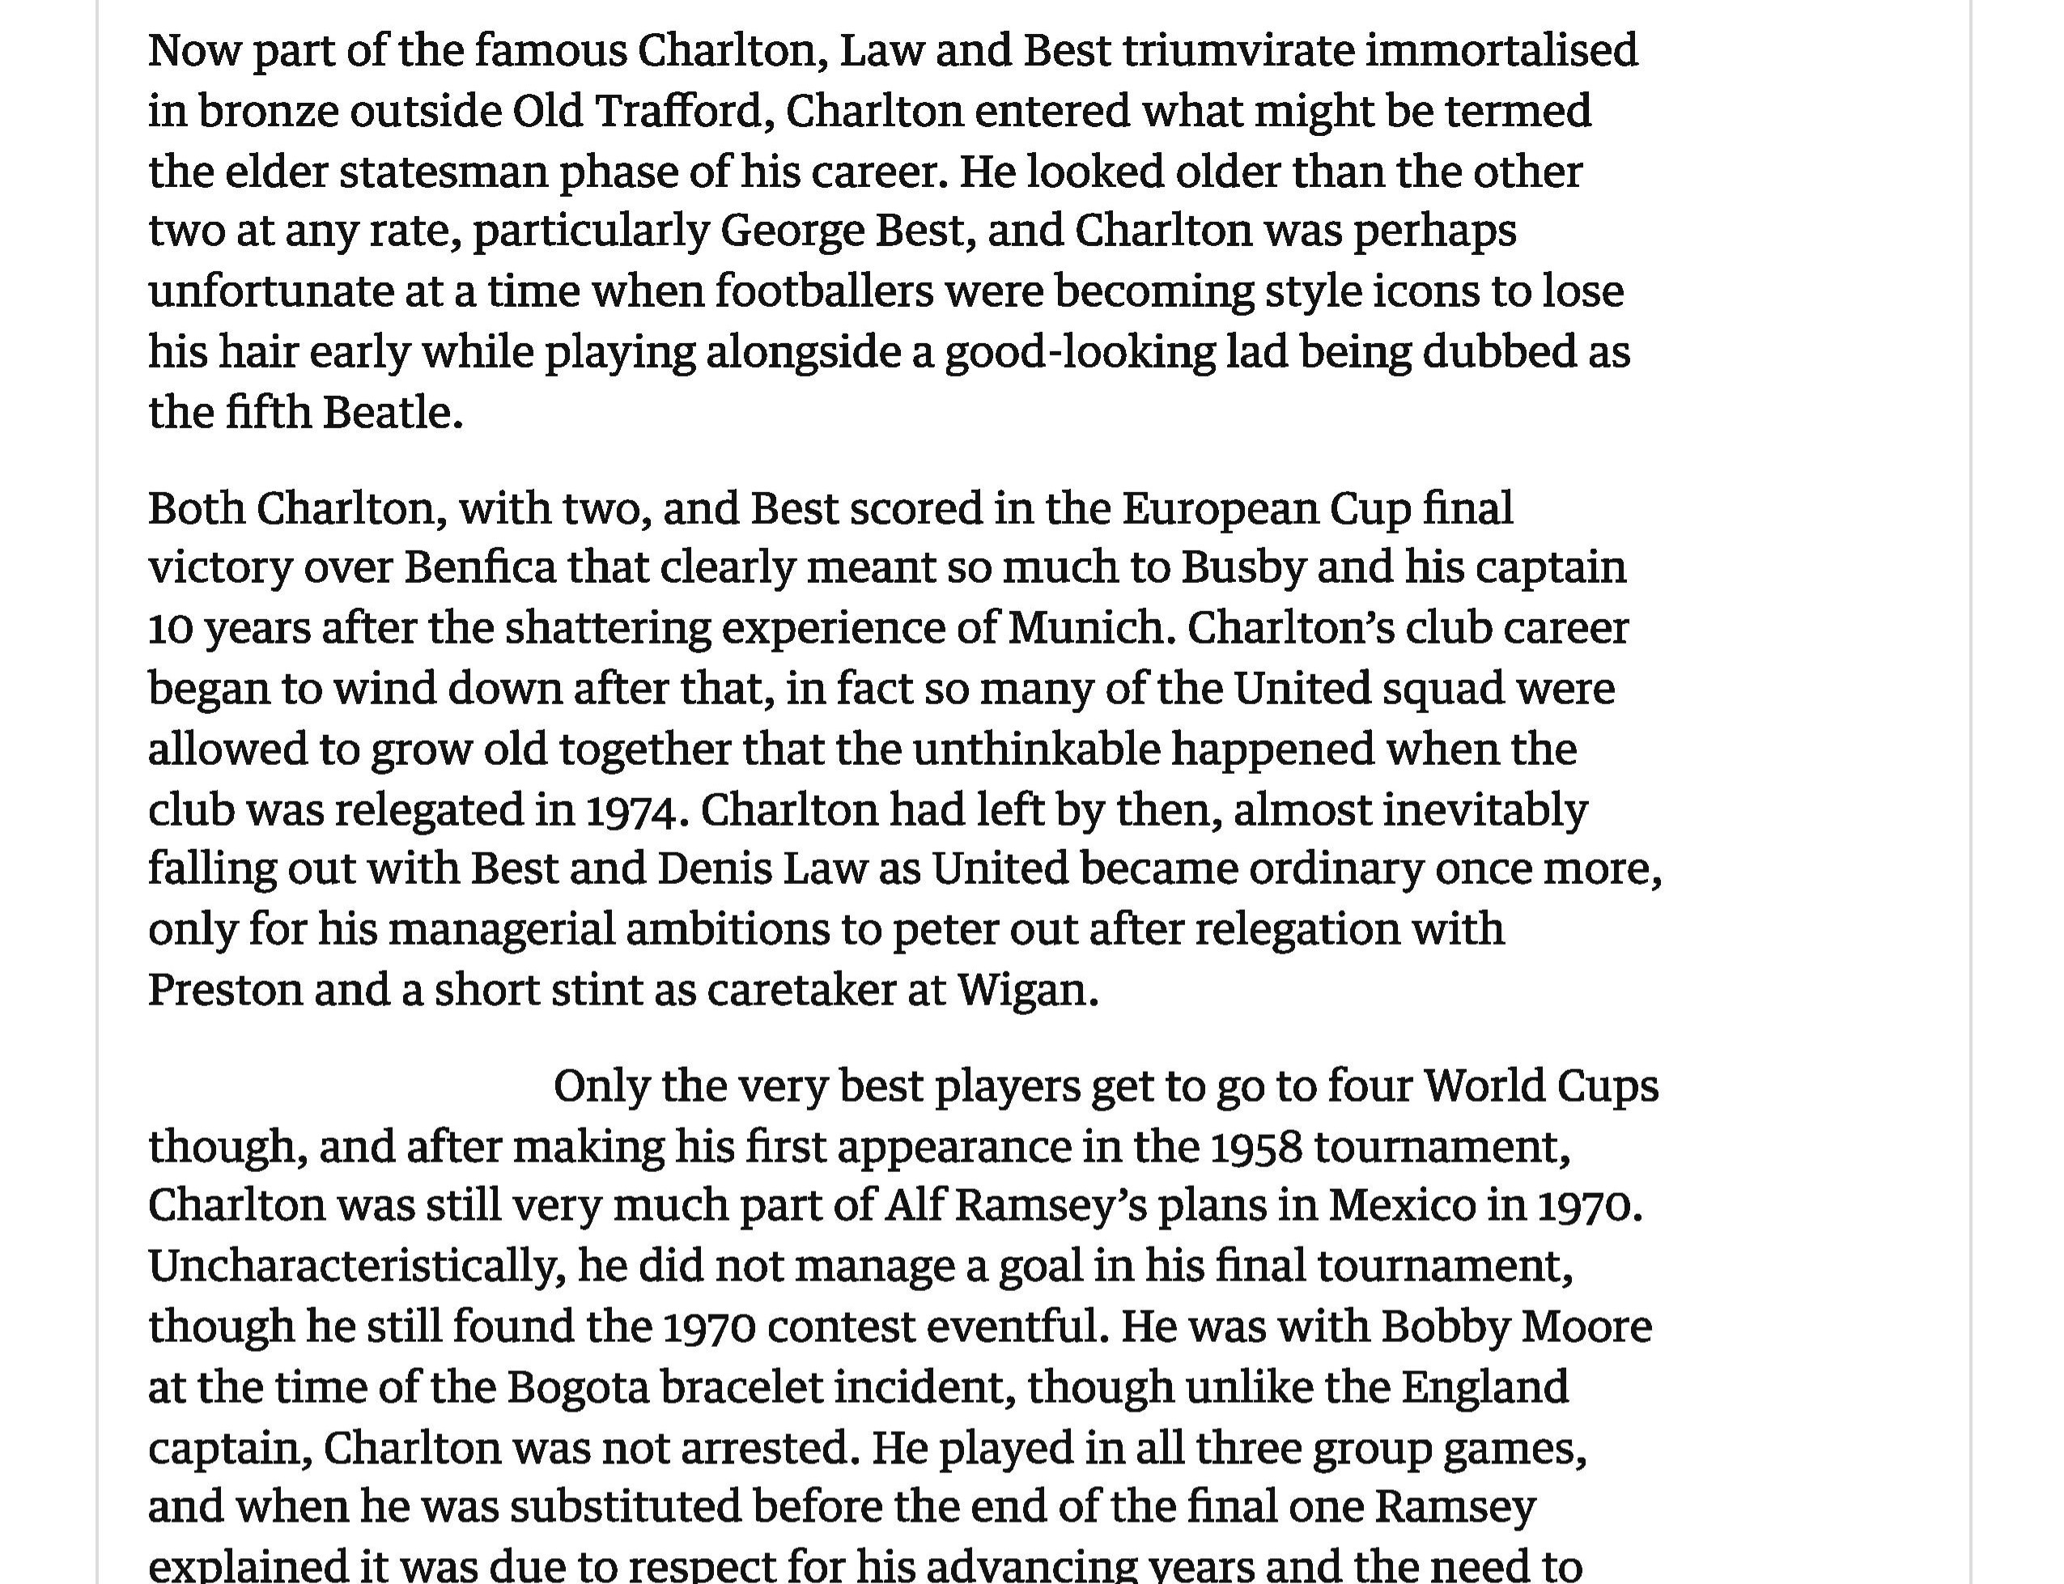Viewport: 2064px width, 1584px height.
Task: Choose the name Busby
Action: click(x=1242, y=567)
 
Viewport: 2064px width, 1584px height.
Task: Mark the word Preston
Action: click(x=224, y=990)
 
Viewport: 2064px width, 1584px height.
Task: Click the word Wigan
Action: click(x=1027, y=990)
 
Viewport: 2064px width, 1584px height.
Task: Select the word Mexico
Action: click(x=1402, y=1206)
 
